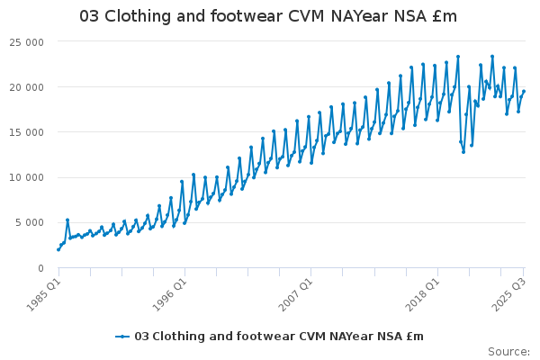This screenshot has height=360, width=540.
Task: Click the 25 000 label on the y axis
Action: [x=27, y=42]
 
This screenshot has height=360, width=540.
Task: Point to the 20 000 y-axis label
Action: [x=27, y=87]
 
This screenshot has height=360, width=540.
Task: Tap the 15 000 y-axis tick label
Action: [x=27, y=132]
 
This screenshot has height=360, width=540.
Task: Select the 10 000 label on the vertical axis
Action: [x=27, y=177]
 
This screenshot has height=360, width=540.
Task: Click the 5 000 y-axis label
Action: [x=30, y=222]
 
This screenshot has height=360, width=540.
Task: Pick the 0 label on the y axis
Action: [x=41, y=268]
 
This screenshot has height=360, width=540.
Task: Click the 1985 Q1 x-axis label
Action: [x=43, y=294]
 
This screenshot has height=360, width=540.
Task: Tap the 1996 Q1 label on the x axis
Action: [x=169, y=294]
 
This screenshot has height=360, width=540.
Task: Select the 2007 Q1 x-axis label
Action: [x=296, y=294]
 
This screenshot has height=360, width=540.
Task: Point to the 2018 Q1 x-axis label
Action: [x=422, y=294]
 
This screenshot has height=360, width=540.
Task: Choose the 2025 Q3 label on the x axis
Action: [x=509, y=294]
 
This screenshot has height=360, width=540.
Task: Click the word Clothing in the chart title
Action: [x=138, y=16]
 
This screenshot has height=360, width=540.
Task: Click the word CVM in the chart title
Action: [x=306, y=16]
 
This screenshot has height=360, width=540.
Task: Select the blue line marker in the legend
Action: [x=122, y=337]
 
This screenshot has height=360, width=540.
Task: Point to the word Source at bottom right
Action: [x=507, y=352]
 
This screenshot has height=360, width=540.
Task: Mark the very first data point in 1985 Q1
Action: [x=58, y=250]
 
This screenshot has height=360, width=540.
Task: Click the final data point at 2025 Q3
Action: [x=524, y=91]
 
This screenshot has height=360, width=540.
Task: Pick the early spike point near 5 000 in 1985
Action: [x=67, y=220]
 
